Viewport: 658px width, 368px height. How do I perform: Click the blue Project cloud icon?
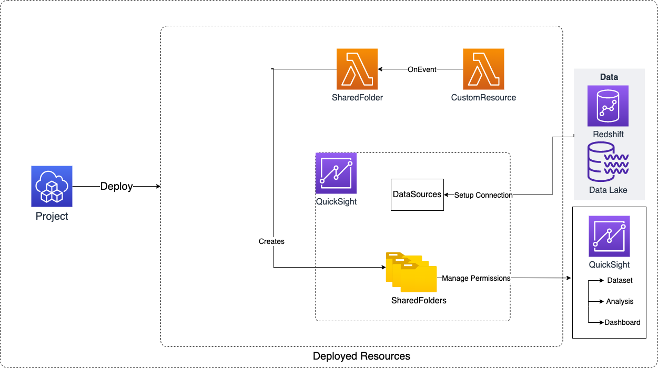pos(52,186)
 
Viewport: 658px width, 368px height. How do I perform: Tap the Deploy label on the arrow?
pos(116,186)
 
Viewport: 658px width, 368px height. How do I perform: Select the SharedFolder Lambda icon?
pos(357,69)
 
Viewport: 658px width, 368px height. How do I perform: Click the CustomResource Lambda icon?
pos(483,69)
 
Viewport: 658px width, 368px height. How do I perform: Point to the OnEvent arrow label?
pos(422,69)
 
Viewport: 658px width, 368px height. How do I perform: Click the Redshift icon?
pos(608,106)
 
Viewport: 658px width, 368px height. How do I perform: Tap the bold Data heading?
pos(609,77)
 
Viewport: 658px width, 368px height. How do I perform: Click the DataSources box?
pos(417,195)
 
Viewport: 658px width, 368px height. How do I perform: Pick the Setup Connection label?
pos(483,195)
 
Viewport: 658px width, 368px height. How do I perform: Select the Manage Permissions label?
pos(476,278)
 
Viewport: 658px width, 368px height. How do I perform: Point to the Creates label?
pos(271,241)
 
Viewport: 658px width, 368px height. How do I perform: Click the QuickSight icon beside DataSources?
pos(336,173)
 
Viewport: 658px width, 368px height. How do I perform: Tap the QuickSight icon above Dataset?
pos(609,236)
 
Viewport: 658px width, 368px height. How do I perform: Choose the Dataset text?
pos(620,280)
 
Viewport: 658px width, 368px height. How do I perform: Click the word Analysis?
pos(620,301)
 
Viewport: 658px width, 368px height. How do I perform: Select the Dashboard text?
pos(622,322)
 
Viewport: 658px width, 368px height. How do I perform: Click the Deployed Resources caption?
pos(361,356)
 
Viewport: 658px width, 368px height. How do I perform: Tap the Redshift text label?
pos(608,134)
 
